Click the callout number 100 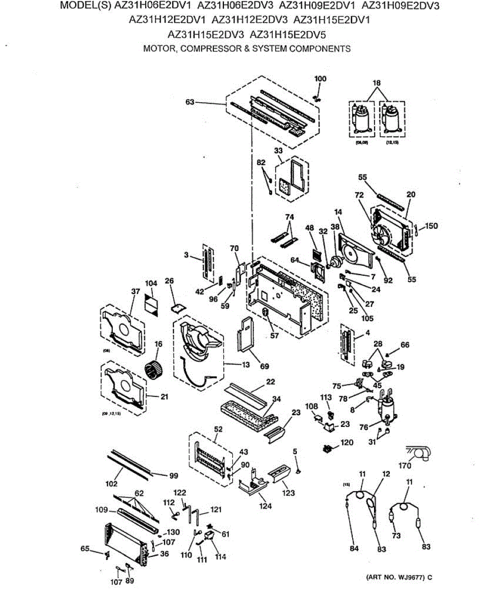[321, 79]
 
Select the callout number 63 [190, 102]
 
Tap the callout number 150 [431, 226]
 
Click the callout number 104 [151, 283]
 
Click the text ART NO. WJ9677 [398, 577]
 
